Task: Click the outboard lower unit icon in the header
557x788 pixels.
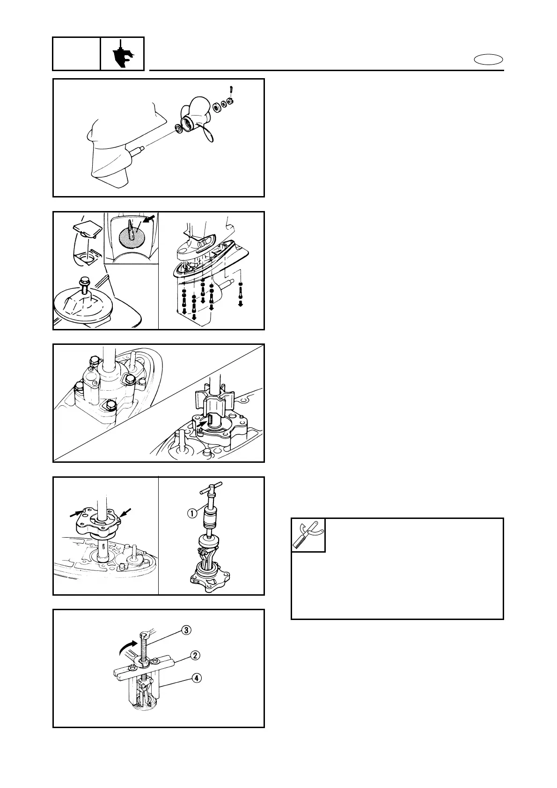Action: tap(122, 54)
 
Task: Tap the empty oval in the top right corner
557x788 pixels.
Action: tap(488, 59)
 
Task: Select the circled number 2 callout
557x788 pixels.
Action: tap(196, 656)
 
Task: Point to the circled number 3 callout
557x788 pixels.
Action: tap(186, 630)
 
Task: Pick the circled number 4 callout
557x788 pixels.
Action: tap(196, 678)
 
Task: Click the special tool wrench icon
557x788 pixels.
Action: tap(308, 535)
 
